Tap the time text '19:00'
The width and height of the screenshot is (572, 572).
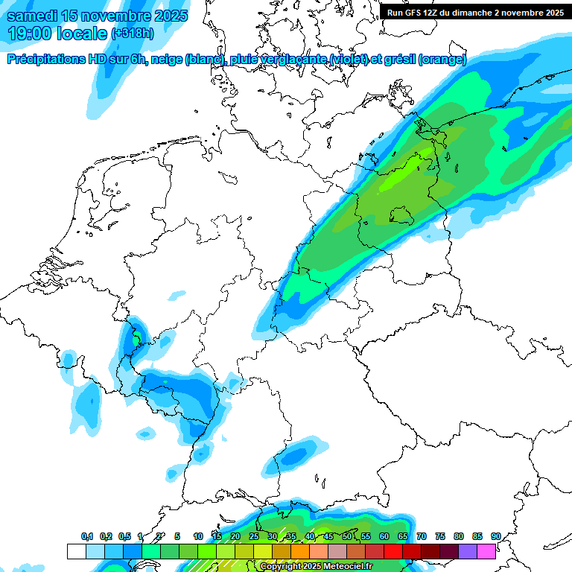click(29, 34)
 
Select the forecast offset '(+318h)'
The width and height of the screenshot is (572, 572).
click(133, 34)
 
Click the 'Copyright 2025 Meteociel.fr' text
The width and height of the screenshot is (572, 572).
click(317, 566)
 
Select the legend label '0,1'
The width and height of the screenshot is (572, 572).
click(87, 536)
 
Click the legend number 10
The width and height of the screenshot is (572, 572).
click(198, 536)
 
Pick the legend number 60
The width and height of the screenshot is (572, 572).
click(384, 536)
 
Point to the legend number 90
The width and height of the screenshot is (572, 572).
click(496, 536)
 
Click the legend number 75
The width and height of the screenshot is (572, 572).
click(440, 536)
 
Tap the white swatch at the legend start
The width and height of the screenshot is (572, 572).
click(76, 551)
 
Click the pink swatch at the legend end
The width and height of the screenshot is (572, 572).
click(486, 551)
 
